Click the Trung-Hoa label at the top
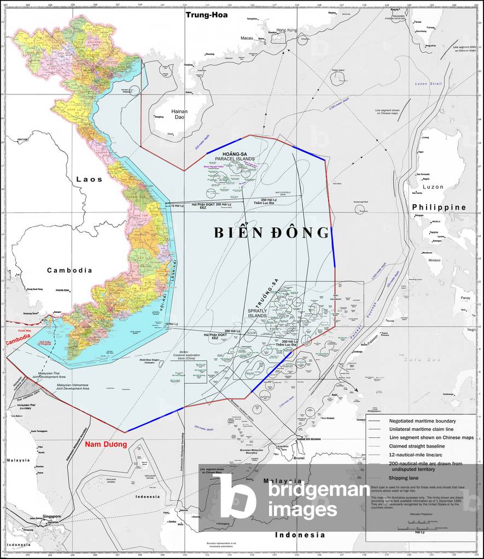click(206, 15)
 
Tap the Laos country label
click(89, 179)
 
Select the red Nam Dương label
click(106, 444)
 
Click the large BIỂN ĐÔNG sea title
click(271, 233)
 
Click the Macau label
click(247, 38)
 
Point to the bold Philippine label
click(439, 207)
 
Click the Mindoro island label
click(434, 260)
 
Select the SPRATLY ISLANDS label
click(256, 313)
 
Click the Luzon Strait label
click(428, 84)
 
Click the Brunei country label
click(299, 458)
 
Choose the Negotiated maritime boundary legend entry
click(422, 421)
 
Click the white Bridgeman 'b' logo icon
click(234, 496)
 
